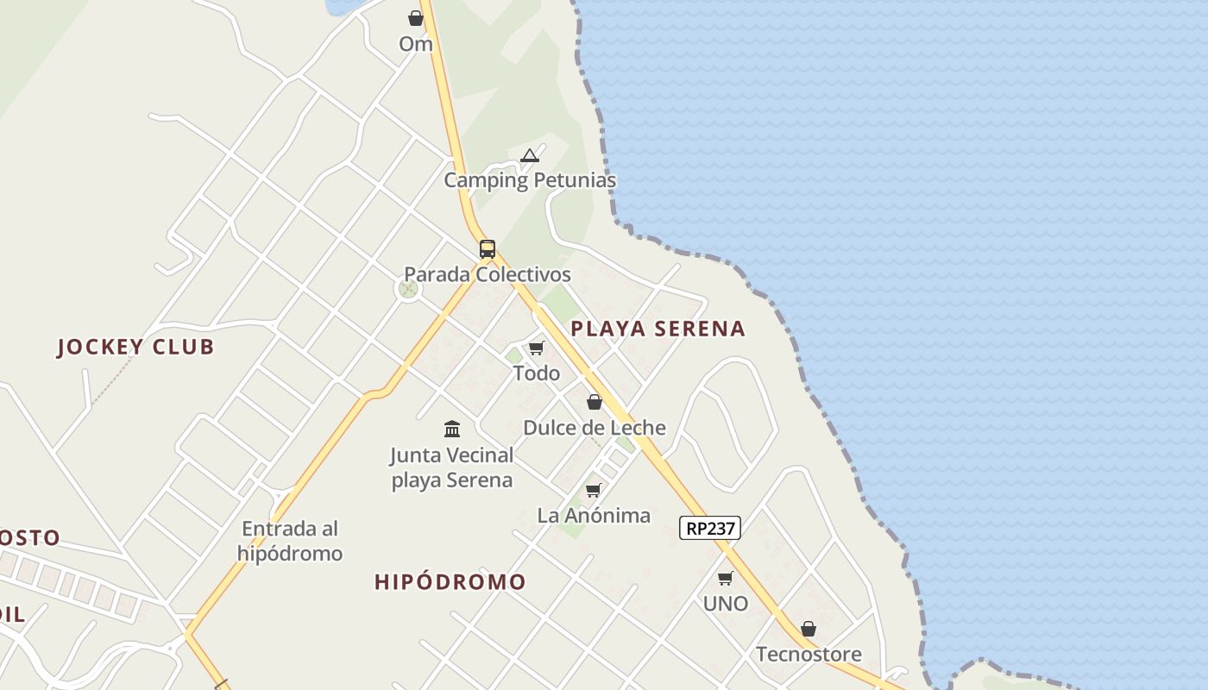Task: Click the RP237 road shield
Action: (x=709, y=528)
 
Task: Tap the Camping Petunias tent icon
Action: (x=530, y=156)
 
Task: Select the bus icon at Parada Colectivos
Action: (x=488, y=249)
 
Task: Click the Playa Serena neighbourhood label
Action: (x=657, y=329)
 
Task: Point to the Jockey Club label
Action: (x=135, y=348)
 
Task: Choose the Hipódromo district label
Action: (x=450, y=582)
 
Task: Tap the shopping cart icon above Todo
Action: (x=537, y=348)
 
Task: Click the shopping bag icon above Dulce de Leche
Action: (x=595, y=402)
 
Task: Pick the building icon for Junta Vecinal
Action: (x=452, y=429)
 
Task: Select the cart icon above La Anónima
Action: (x=594, y=490)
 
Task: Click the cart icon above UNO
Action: (x=726, y=578)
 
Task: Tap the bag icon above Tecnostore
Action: (x=808, y=629)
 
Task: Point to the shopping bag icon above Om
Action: (x=416, y=18)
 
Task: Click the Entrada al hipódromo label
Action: (x=290, y=541)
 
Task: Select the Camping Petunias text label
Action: (x=530, y=180)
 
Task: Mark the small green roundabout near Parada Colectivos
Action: (x=408, y=289)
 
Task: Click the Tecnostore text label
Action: (x=808, y=655)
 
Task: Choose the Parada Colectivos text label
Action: (x=488, y=274)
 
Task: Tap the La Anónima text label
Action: (x=594, y=516)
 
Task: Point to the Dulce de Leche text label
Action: (x=595, y=428)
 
